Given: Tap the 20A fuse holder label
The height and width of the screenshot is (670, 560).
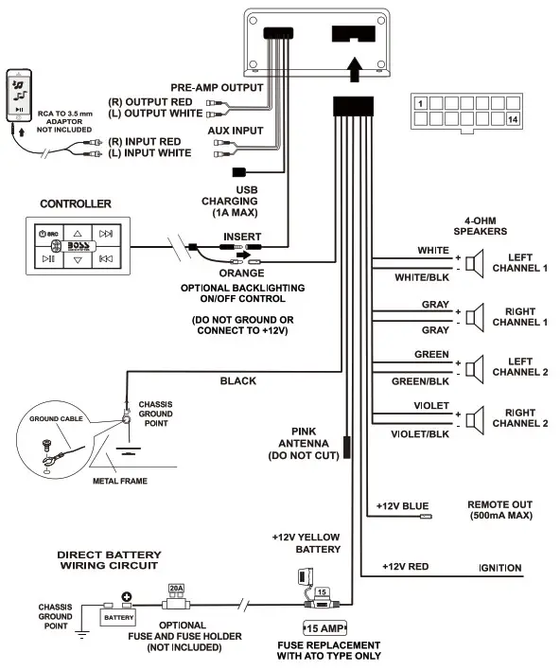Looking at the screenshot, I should pyautogui.click(x=176, y=588).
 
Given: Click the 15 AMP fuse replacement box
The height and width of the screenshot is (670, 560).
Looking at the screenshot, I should pyautogui.click(x=324, y=627).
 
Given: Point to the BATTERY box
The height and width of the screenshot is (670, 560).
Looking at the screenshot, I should pyautogui.click(x=119, y=616).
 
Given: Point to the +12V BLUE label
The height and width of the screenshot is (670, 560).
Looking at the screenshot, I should pyautogui.click(x=402, y=506).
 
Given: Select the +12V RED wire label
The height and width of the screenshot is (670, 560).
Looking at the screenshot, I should pyautogui.click(x=405, y=566).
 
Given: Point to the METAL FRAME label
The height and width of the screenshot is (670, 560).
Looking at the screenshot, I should pyautogui.click(x=118, y=480).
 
